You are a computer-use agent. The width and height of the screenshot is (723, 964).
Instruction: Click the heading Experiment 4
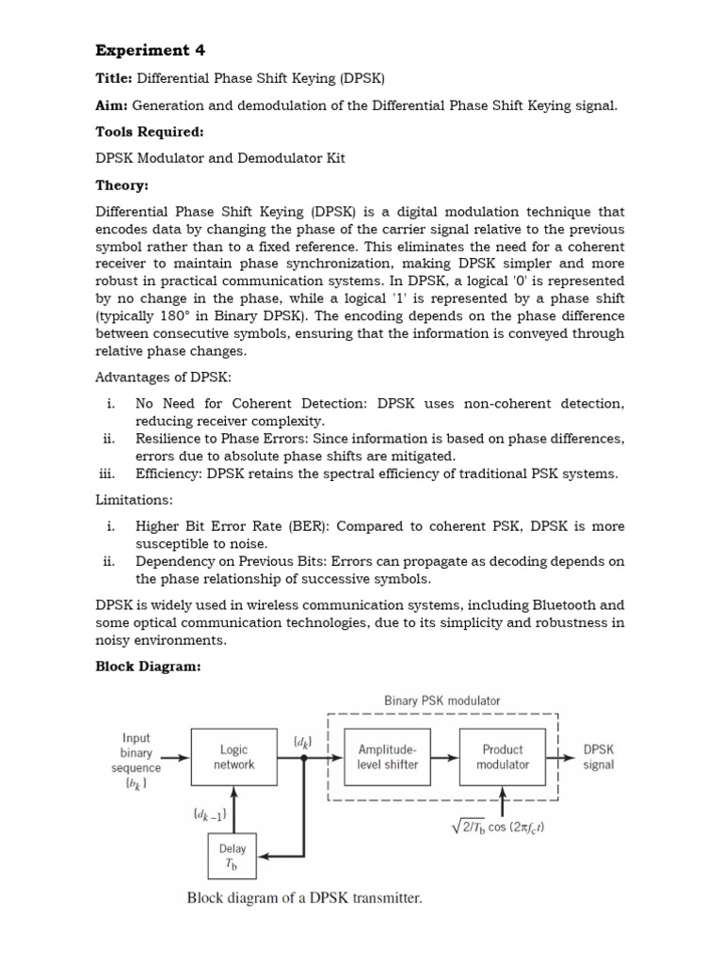point(150,50)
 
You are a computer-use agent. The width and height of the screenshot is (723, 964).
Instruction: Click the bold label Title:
point(114,79)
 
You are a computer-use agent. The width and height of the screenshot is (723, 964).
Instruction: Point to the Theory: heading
point(121,185)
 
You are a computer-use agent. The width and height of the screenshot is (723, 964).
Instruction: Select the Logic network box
point(234,757)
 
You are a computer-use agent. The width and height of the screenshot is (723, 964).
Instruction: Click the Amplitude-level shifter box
point(388,757)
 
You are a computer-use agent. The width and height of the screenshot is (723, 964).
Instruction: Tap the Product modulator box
point(503,757)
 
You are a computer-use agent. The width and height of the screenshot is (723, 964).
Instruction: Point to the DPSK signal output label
point(599,757)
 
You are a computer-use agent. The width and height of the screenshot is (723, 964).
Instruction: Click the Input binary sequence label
point(137,761)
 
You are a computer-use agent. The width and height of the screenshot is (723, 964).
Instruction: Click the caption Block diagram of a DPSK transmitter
point(304,898)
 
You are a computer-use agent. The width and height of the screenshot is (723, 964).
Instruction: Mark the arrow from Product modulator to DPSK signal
point(564,756)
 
